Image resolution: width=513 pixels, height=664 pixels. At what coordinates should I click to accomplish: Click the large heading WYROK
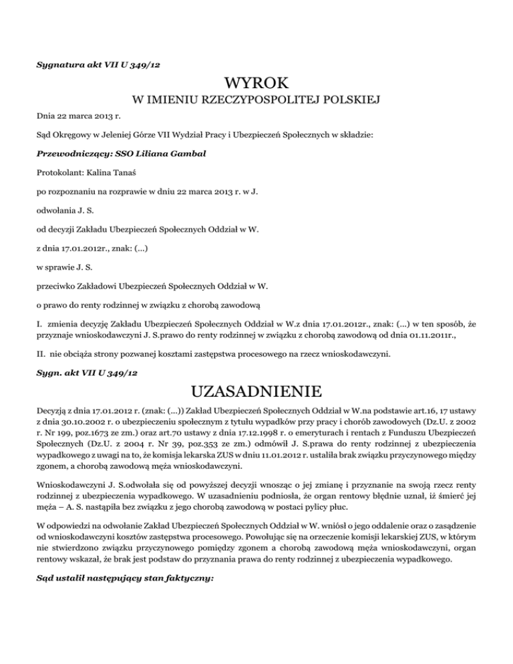[x=256, y=84]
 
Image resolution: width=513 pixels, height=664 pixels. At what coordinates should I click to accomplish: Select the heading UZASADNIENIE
[x=256, y=389]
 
